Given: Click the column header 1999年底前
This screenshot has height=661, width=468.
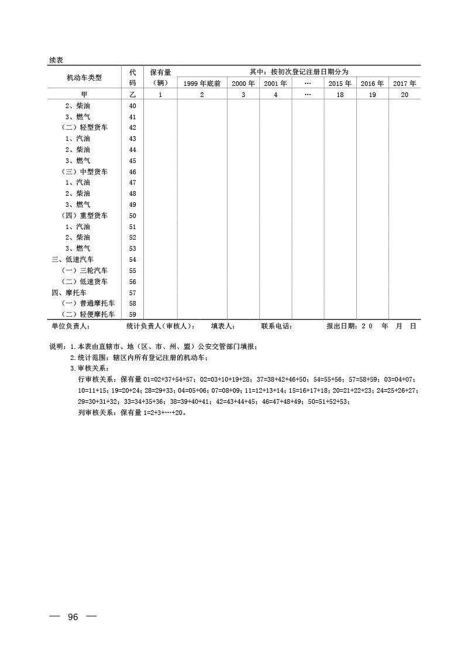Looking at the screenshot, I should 202,84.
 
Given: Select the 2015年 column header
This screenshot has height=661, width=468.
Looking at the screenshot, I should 340,84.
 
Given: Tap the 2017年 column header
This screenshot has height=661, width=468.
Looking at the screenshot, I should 404,84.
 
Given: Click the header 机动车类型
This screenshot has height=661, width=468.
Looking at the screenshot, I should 84,77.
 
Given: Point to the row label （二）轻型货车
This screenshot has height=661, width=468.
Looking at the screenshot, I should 84,127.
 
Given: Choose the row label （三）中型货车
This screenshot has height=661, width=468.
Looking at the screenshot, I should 84,172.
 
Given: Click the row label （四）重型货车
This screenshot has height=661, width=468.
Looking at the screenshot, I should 84,216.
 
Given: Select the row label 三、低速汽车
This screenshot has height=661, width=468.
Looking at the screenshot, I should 73,259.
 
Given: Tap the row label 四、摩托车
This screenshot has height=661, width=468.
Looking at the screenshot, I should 69,292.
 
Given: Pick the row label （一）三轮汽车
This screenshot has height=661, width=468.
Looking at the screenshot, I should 84,271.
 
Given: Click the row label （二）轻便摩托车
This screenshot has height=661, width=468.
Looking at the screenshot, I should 88,314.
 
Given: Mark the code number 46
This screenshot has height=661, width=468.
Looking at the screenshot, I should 132,172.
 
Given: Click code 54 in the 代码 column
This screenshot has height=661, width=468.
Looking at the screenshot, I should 132,259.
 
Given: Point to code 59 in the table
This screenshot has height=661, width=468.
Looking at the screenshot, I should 132,314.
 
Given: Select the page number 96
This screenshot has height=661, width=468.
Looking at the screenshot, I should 73,618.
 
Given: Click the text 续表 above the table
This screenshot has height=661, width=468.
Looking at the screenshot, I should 56,60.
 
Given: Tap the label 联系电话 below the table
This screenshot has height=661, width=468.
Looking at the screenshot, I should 276,326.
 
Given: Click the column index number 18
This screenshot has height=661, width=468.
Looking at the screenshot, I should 340,94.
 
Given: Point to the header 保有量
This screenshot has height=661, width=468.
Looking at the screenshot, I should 160,72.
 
